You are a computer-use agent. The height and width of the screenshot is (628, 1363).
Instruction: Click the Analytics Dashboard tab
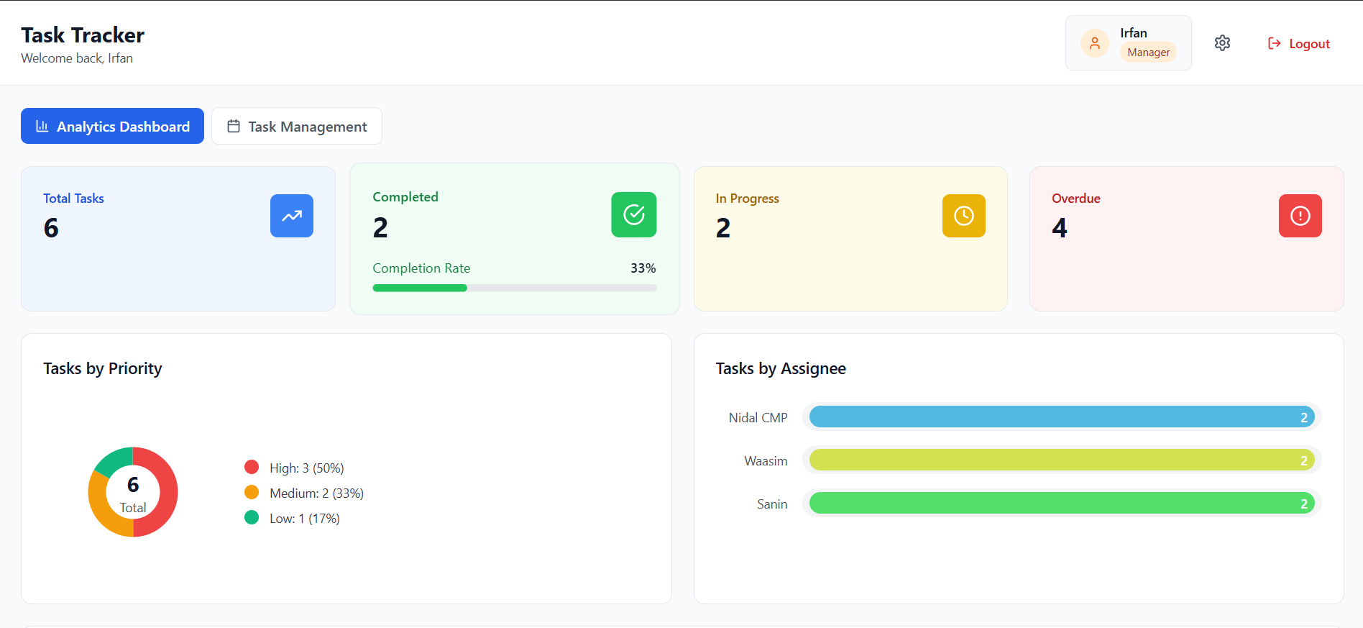tap(112, 126)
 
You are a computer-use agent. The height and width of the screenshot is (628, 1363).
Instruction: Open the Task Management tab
tap(297, 126)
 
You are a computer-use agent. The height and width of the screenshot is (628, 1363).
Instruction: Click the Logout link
tap(1298, 44)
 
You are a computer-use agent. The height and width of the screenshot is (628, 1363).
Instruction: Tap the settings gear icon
tap(1222, 43)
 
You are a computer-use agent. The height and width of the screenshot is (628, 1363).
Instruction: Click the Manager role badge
tap(1148, 53)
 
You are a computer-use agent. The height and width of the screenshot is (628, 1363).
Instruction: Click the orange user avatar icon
tap(1095, 43)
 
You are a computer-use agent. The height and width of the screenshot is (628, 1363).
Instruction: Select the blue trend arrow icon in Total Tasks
tap(292, 216)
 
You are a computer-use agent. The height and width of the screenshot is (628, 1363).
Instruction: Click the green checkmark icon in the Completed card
tap(634, 214)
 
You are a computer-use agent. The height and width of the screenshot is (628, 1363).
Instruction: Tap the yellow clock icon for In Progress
tap(964, 216)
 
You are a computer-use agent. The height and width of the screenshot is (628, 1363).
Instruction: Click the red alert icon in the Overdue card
tap(1300, 216)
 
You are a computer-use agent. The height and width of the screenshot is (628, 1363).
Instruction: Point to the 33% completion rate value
tap(643, 268)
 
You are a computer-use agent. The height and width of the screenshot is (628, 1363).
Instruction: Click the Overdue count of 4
tap(1060, 228)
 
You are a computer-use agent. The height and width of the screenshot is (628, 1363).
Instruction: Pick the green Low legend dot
tap(252, 517)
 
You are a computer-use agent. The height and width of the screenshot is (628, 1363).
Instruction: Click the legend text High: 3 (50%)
tap(307, 468)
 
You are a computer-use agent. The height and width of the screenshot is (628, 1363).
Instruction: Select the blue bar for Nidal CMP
tap(1062, 417)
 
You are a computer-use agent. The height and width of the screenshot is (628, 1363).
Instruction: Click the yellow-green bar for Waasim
tap(1062, 460)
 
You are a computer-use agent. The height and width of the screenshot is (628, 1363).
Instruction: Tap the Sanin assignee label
tap(772, 504)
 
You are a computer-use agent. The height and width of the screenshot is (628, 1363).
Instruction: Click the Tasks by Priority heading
tap(103, 368)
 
